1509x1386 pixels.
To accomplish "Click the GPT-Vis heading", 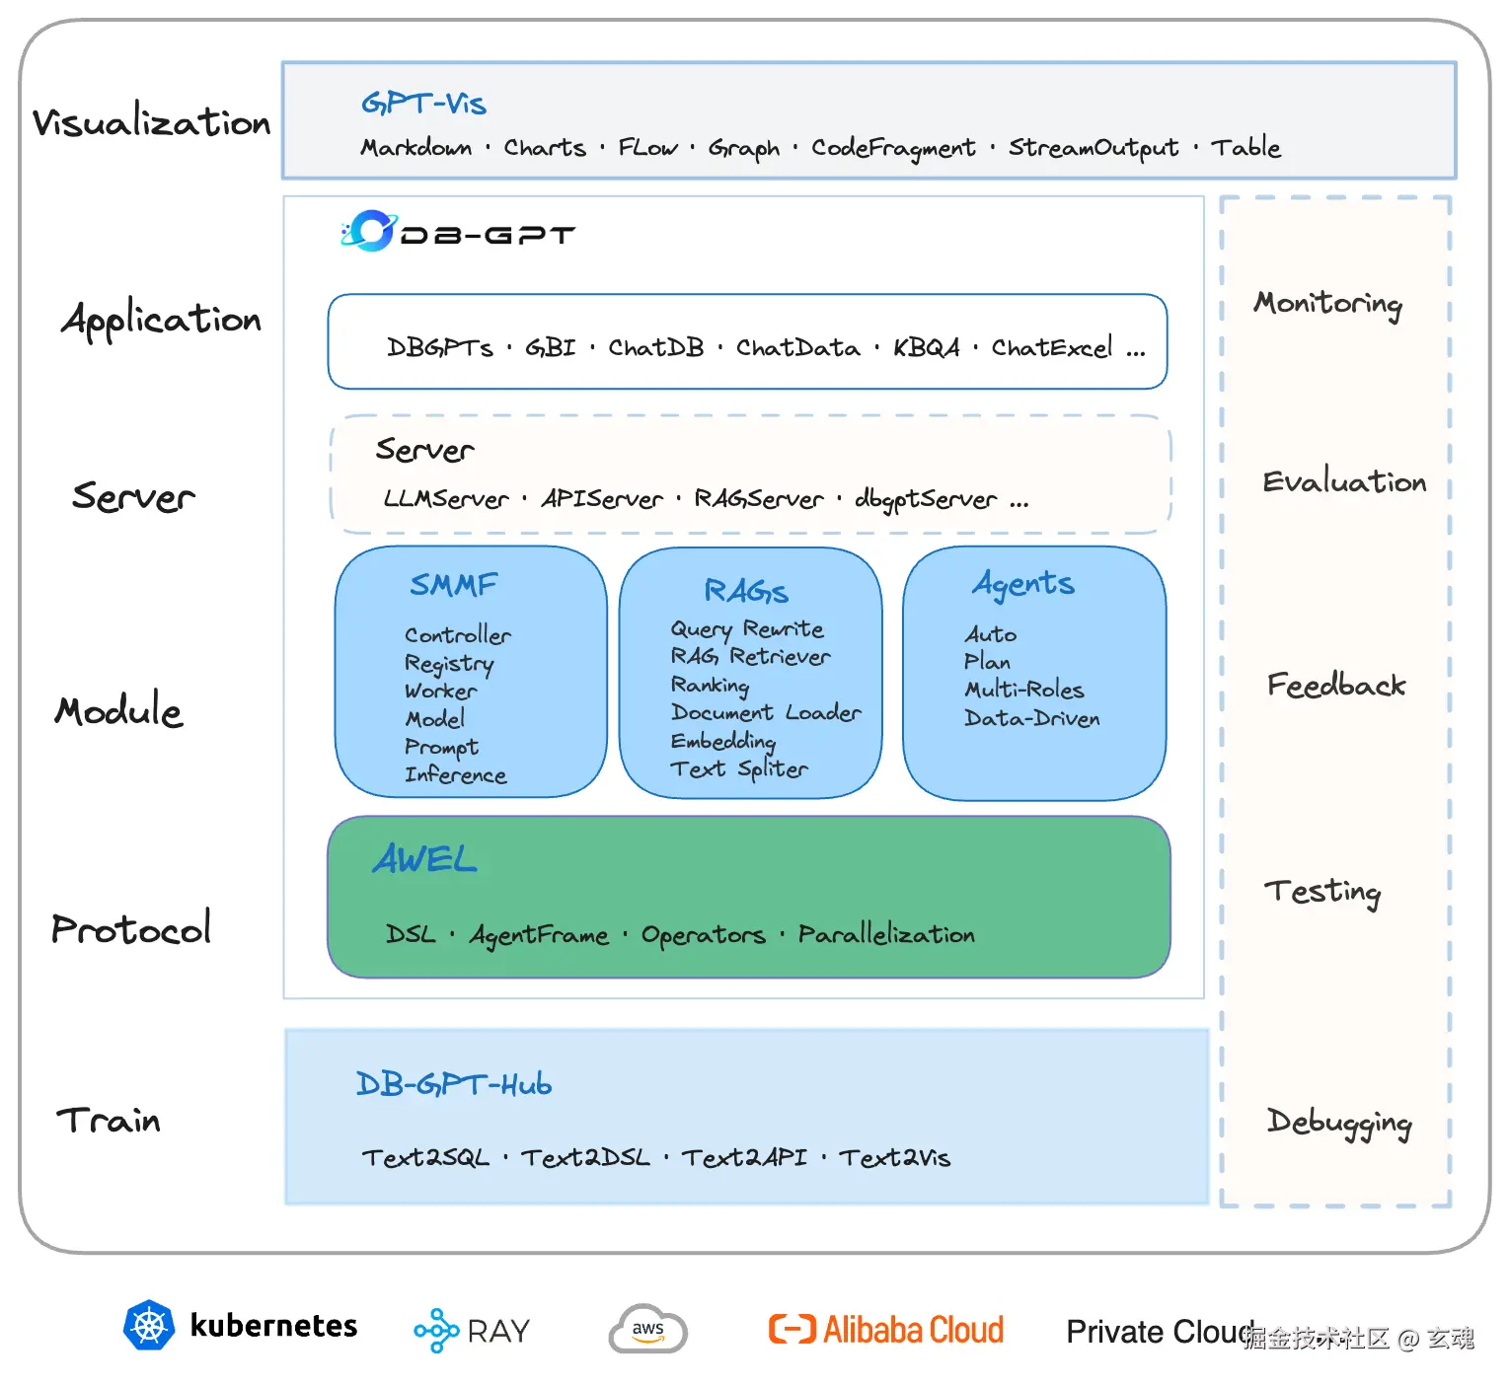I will [x=423, y=104].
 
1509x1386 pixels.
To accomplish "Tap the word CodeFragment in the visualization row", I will [x=893, y=148].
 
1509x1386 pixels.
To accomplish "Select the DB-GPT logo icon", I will [x=368, y=231].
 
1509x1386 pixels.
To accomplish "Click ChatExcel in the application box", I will [x=1052, y=347].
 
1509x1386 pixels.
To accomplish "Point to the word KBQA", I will [x=926, y=347].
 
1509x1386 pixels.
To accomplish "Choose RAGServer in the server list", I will [x=758, y=499].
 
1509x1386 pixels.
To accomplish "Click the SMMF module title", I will [x=454, y=585].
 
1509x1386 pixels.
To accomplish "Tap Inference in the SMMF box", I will [x=455, y=775].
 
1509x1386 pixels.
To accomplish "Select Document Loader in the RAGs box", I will [x=766, y=712].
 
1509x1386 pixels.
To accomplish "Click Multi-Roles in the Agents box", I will [x=1024, y=690].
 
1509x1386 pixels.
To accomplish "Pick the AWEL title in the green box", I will [x=425, y=859].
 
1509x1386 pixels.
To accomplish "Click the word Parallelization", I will [x=886, y=934].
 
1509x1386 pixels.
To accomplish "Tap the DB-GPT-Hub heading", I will [x=454, y=1085].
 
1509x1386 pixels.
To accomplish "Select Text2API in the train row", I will [x=744, y=1158].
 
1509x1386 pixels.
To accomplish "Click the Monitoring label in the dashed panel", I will [x=1327, y=303].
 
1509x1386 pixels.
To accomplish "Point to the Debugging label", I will [x=1339, y=1123].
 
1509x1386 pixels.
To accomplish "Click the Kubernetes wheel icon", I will [x=149, y=1325].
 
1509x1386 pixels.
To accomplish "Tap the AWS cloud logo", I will [x=647, y=1329].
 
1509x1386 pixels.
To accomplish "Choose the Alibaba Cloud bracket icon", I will [x=792, y=1330].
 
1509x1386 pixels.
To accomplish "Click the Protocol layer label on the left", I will [x=131, y=928].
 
